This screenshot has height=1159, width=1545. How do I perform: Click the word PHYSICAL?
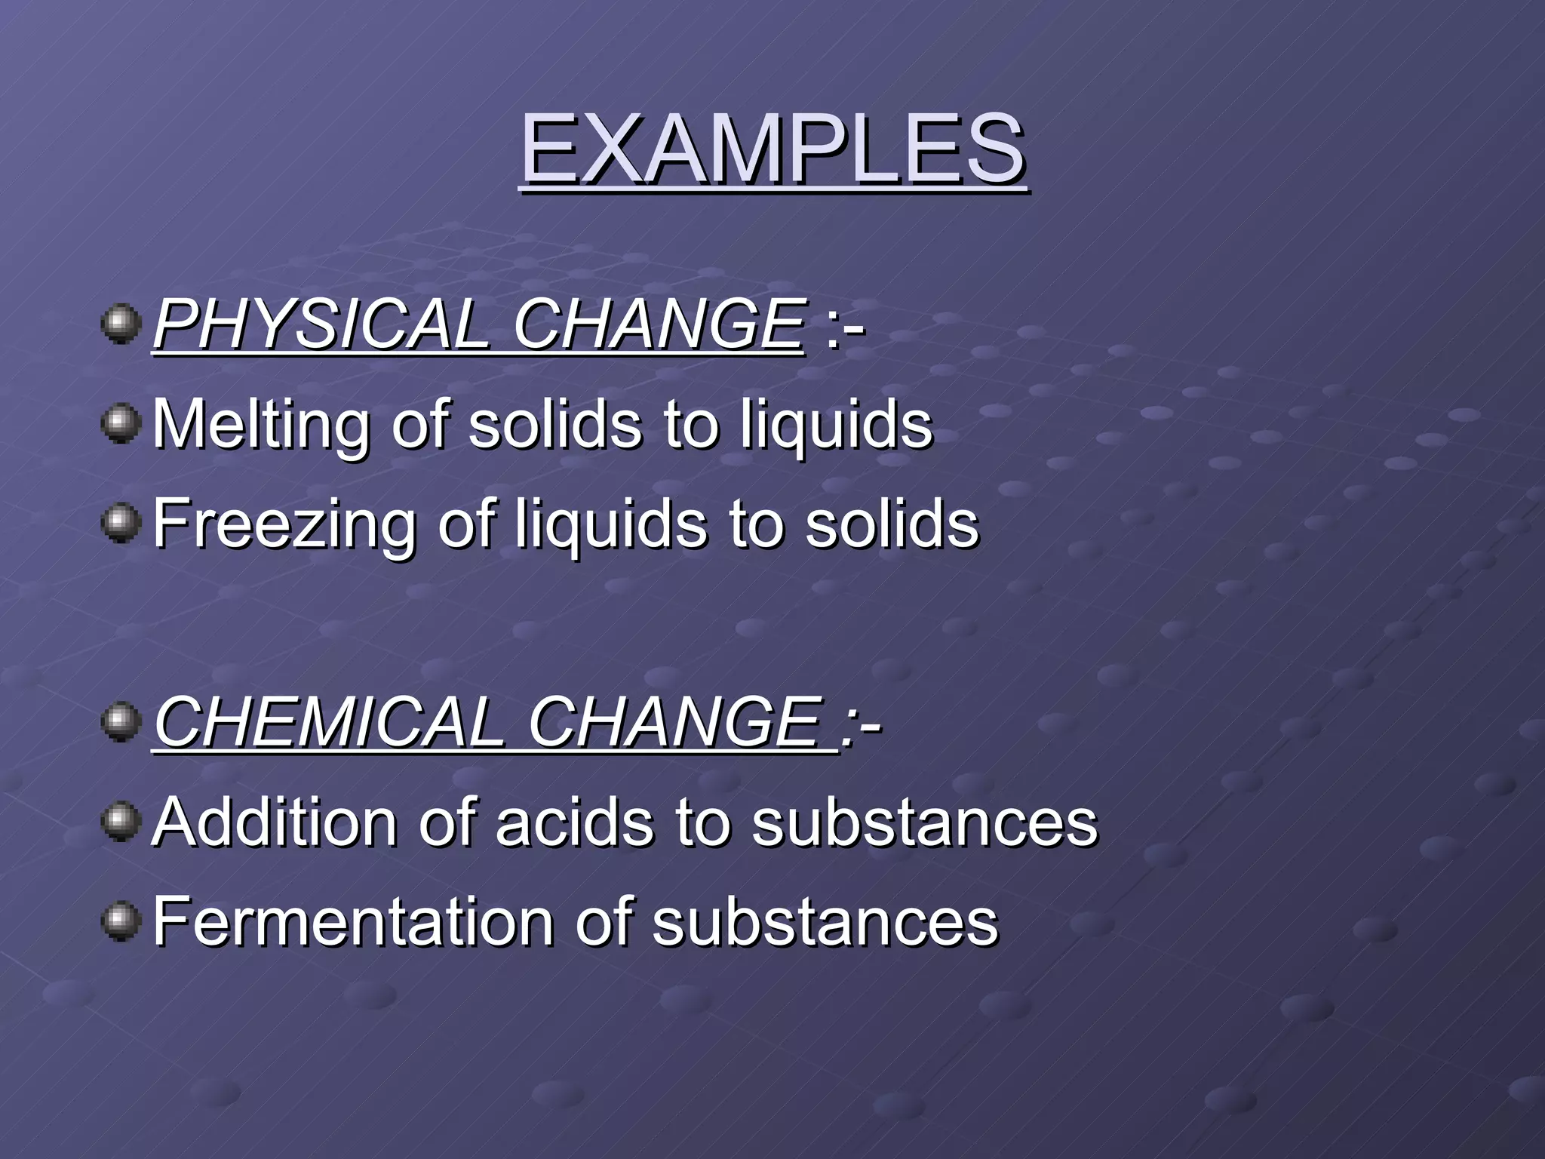coord(321,324)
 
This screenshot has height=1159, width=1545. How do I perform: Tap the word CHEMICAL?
coord(329,722)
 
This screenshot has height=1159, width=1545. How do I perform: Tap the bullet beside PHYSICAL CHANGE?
coord(121,324)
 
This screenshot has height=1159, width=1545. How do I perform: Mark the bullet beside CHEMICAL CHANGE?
coord(121,722)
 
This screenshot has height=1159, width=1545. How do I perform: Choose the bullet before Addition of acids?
coord(121,822)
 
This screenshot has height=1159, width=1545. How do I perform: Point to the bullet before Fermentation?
coord(121,921)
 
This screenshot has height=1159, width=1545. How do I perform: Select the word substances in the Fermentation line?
coord(825,921)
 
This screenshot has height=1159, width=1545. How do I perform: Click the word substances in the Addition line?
coord(925,822)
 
